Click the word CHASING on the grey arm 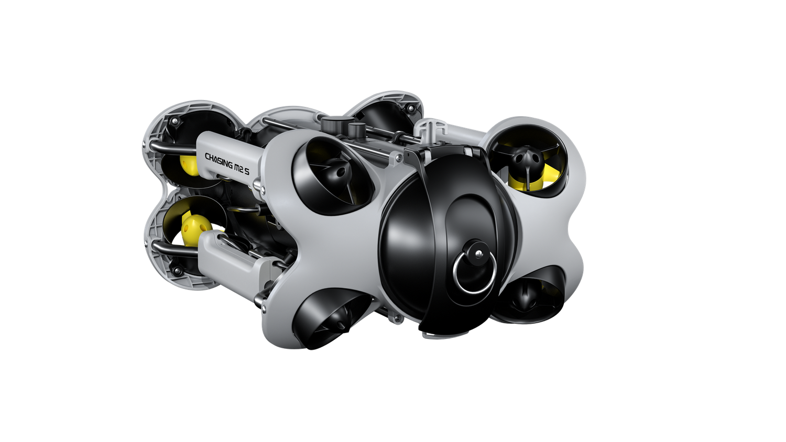point(219,161)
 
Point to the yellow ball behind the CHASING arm point(189,165)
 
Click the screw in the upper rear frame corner point(175,121)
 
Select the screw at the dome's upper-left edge point(399,157)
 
